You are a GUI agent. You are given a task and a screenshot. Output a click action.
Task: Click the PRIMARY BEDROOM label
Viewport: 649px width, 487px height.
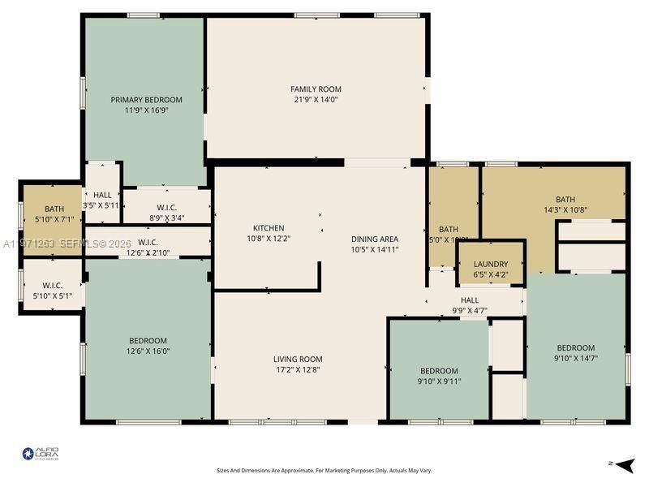pyautogui.click(x=146, y=100)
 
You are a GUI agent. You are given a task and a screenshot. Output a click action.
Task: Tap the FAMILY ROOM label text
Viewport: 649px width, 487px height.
pyautogui.click(x=316, y=89)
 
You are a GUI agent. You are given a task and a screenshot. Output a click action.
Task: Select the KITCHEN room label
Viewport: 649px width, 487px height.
pyautogui.click(x=269, y=228)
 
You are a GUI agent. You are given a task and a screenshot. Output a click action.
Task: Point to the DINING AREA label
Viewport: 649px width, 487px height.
pyautogui.click(x=374, y=239)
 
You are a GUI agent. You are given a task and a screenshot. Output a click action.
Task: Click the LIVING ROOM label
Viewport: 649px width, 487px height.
pyautogui.click(x=298, y=359)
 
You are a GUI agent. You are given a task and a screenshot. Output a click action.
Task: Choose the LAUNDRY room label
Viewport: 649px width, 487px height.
pyautogui.click(x=491, y=264)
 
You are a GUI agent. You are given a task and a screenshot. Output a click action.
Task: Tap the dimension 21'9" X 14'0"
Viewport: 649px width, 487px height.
pyautogui.click(x=316, y=100)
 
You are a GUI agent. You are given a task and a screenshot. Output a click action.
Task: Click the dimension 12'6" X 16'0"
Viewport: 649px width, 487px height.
pyautogui.click(x=148, y=351)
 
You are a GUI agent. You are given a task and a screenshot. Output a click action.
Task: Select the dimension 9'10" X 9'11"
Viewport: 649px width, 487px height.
pyautogui.click(x=439, y=381)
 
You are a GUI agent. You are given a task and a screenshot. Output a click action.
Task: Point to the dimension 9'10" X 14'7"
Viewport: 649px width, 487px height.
pyautogui.click(x=576, y=358)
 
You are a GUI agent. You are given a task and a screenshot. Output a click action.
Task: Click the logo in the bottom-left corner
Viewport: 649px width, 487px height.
pyautogui.click(x=41, y=454)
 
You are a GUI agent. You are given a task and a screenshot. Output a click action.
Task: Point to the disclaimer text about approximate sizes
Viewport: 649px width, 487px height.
pyautogui.click(x=324, y=470)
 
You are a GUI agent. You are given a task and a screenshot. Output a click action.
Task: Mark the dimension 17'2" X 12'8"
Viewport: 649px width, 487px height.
pyautogui.click(x=298, y=369)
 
